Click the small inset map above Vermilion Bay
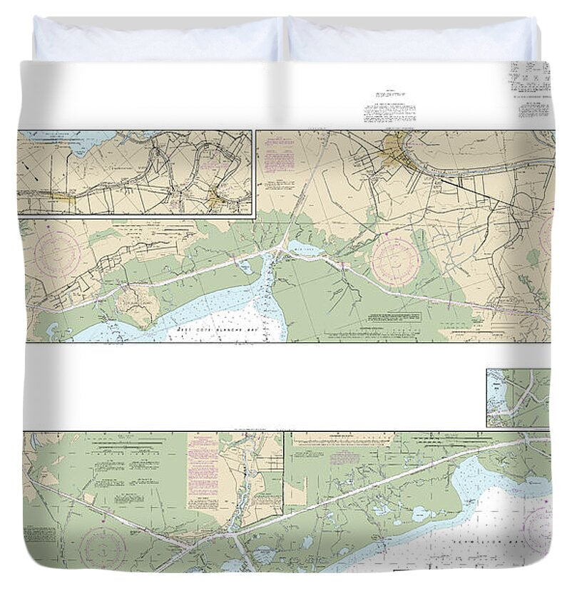coord(519,398)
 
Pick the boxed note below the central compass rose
coord(389,316)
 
